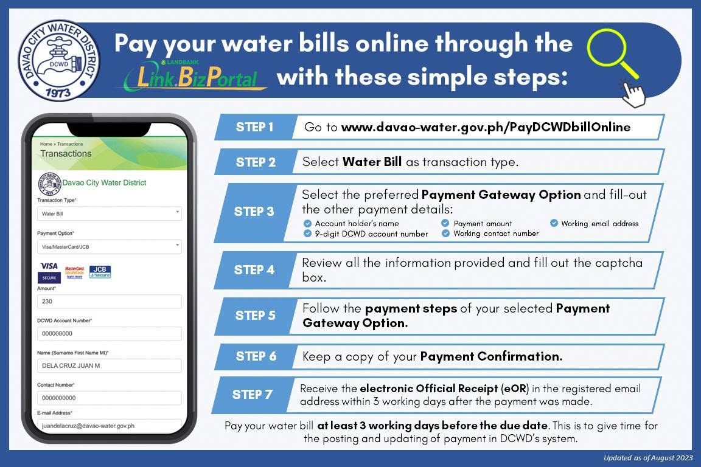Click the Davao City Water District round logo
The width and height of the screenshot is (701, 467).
[x=58, y=60]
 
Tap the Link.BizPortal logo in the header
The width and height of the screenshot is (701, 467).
[x=195, y=75]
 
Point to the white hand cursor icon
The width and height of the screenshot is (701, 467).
[x=633, y=94]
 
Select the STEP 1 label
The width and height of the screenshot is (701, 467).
[x=254, y=127]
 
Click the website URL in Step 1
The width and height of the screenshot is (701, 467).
[x=486, y=127]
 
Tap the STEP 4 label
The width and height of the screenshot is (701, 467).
[x=254, y=270]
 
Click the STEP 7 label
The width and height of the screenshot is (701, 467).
[x=252, y=395]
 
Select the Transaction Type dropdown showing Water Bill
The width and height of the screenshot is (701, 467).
[x=110, y=213]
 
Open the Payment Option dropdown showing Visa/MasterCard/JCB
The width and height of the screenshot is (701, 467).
[x=110, y=247]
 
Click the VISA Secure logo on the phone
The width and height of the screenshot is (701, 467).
[x=49, y=272]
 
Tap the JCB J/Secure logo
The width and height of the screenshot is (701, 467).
[x=100, y=272]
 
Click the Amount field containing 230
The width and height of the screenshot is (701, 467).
[x=110, y=301]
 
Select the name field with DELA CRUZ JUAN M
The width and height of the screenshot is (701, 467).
[x=110, y=365]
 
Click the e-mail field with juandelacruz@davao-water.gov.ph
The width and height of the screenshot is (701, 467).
[x=110, y=426]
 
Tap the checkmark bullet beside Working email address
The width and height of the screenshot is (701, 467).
[x=554, y=223]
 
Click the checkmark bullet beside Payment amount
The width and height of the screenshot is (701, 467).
[x=445, y=223]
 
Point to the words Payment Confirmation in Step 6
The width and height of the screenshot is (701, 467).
[x=491, y=356]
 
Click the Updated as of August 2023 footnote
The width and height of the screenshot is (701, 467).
[x=648, y=458]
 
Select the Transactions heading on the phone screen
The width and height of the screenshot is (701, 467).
[x=66, y=154]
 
